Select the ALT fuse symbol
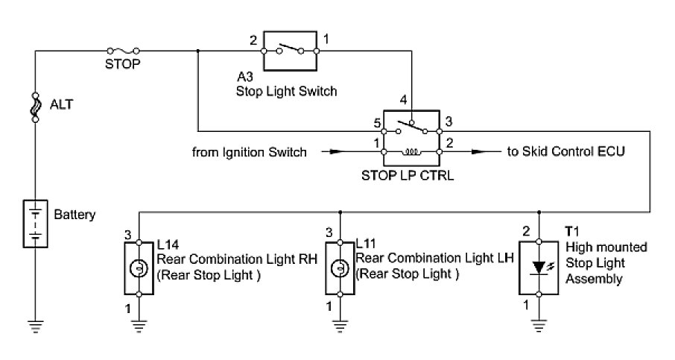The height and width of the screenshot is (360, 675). click(35, 107)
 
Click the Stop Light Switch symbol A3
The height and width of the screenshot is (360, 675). click(289, 51)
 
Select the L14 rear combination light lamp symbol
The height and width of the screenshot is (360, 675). click(137, 267)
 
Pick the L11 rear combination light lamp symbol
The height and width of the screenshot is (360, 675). click(340, 267)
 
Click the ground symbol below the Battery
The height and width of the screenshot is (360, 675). click(35, 325)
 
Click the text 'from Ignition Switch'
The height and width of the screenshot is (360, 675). click(249, 152)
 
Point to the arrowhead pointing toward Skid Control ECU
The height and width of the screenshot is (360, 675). click(475, 152)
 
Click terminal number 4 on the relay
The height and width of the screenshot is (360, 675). click(403, 99)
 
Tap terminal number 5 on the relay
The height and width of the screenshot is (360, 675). click(377, 122)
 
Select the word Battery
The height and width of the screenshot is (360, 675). click(75, 215)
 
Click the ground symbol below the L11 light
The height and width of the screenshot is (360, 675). click(340, 325)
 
